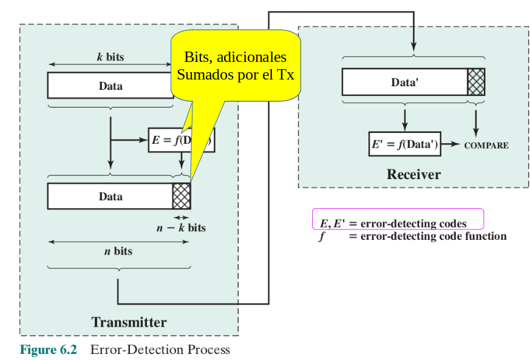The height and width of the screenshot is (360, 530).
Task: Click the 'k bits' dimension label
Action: coord(110,57)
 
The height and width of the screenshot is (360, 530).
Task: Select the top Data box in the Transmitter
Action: coord(110,86)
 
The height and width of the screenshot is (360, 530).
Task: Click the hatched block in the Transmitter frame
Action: coord(182,196)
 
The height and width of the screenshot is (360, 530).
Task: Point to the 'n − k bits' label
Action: coord(180,228)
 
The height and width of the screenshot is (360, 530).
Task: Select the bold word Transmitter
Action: coord(129,322)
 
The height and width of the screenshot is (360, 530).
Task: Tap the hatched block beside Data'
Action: coord(476,83)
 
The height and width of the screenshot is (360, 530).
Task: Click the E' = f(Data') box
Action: coord(405,144)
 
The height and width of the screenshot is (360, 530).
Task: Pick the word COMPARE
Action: coord(486,146)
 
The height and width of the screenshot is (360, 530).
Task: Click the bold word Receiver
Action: coord(413,175)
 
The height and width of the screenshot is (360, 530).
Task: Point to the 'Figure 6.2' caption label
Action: coord(49,350)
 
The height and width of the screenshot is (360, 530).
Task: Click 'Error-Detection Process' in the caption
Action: coord(160,350)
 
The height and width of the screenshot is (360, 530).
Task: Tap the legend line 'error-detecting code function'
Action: coord(433,236)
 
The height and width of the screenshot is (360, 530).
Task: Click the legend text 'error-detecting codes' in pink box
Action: coord(413,224)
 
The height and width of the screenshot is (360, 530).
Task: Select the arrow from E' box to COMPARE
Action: coord(450,144)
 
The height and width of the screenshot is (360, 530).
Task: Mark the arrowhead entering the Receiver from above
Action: coord(413,48)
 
